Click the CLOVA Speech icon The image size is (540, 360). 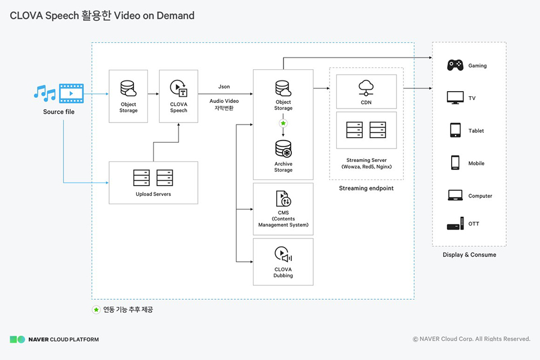pyautogui.click(x=178, y=88)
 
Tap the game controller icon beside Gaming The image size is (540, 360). pyautogui.click(x=455, y=65)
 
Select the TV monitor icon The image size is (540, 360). pyautogui.click(x=455, y=98)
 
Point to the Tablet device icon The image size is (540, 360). pyautogui.click(x=455, y=130)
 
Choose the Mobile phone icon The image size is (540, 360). pyautogui.click(x=455, y=163)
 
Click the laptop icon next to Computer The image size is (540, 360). pyautogui.click(x=455, y=195)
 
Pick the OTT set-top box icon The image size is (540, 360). pyautogui.click(x=455, y=224)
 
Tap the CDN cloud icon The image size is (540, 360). pyautogui.click(x=366, y=87)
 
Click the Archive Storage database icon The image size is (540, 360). pyautogui.click(x=283, y=149)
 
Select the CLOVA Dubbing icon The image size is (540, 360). pyautogui.click(x=283, y=255)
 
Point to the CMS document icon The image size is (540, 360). pyautogui.click(x=283, y=199)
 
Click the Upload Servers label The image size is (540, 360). pyautogui.click(x=153, y=194)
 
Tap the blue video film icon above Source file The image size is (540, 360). pyautogui.click(x=71, y=92)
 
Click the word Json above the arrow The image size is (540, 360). pyautogui.click(x=224, y=87)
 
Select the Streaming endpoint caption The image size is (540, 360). pyautogui.click(x=366, y=188)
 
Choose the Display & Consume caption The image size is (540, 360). pyautogui.click(x=469, y=255)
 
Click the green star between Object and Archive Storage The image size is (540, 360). pyautogui.click(x=283, y=123)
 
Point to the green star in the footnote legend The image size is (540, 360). pyautogui.click(x=96, y=310)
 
